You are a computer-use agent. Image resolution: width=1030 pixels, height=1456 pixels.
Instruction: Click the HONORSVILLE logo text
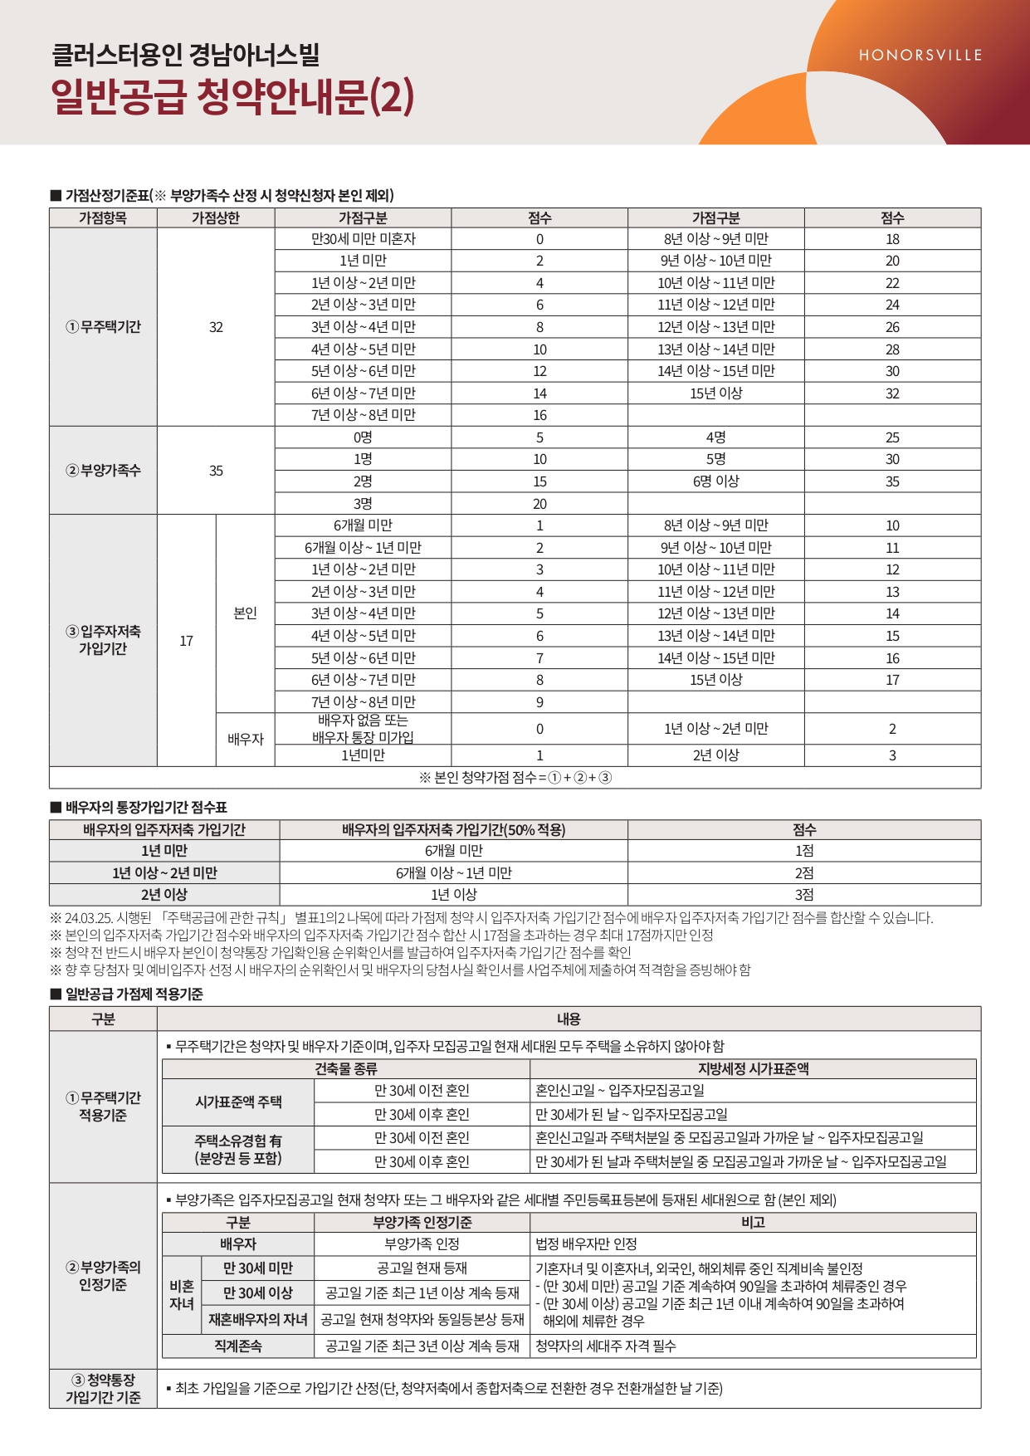tap(920, 56)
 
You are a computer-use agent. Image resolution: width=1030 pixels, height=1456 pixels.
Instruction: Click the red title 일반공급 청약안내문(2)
tap(232, 97)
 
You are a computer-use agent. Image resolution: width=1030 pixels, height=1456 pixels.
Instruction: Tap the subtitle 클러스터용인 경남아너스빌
tap(186, 55)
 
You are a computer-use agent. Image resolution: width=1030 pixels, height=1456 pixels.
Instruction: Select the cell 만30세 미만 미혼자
tap(363, 239)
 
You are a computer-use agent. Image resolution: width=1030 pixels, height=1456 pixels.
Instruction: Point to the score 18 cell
tap(892, 239)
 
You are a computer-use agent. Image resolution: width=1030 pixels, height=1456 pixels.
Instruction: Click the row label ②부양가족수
tap(103, 471)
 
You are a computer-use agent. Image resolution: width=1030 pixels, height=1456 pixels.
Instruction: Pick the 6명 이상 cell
tap(715, 481)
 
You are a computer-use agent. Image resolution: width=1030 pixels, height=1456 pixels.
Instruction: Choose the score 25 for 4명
tap(892, 437)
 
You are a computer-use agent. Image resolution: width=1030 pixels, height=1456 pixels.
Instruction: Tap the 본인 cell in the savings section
tap(245, 613)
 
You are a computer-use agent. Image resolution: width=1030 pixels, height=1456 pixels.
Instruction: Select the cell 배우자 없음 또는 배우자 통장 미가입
tap(363, 729)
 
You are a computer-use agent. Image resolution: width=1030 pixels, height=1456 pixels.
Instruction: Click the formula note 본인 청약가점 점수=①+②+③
tap(515, 778)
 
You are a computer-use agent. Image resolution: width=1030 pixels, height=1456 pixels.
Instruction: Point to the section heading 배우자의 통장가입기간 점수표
tap(146, 808)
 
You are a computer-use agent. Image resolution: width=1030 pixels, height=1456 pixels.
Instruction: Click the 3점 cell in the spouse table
tap(803, 895)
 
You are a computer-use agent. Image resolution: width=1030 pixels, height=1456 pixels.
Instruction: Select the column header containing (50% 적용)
tap(453, 829)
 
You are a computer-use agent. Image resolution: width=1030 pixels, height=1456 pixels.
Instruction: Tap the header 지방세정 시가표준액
tap(753, 1069)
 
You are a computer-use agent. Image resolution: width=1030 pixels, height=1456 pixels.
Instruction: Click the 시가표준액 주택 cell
tap(238, 1102)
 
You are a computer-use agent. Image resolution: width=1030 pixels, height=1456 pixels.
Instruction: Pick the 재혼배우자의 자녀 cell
tap(258, 1320)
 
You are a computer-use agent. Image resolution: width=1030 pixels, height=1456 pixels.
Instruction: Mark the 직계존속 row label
tap(238, 1346)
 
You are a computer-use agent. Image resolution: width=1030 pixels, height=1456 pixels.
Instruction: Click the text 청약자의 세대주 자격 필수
tap(605, 1346)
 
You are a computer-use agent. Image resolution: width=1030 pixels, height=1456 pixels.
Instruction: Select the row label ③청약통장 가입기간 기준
tap(103, 1389)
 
